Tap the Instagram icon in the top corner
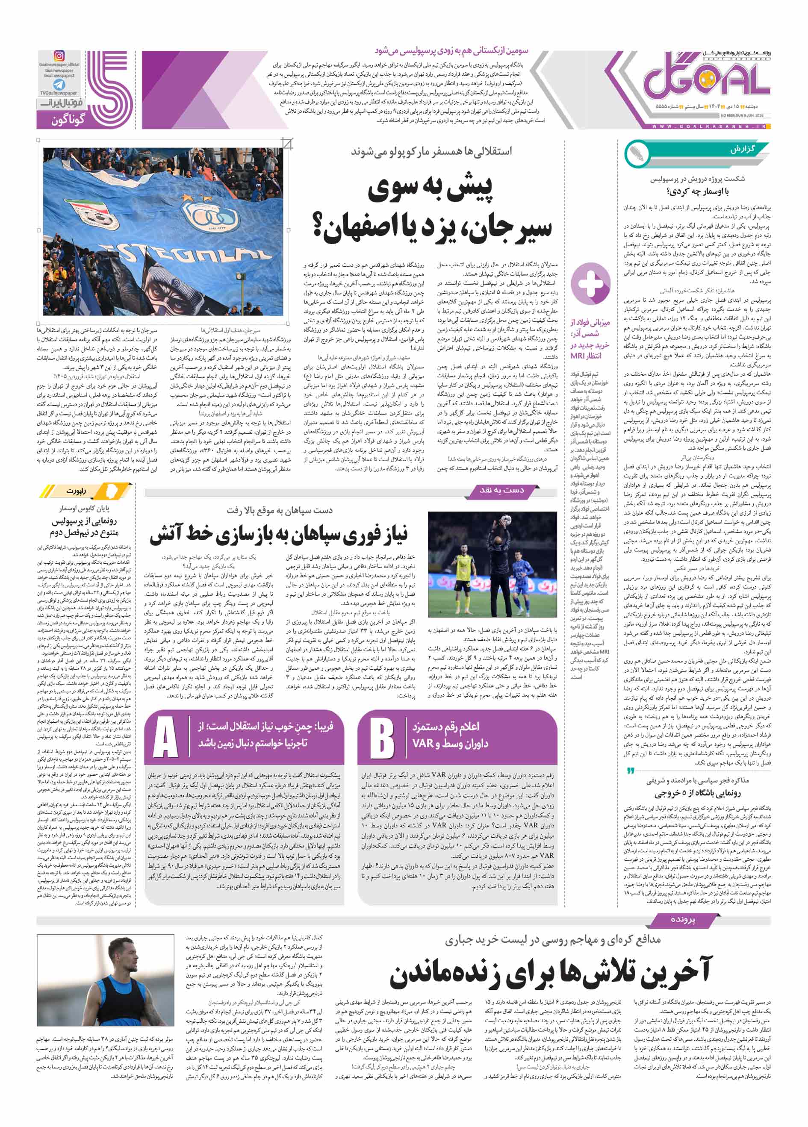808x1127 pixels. (59, 56)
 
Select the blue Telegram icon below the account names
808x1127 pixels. (59, 85)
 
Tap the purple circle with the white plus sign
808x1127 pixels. (590, 284)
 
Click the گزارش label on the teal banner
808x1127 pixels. (743, 149)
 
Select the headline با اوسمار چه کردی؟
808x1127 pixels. (698, 191)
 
